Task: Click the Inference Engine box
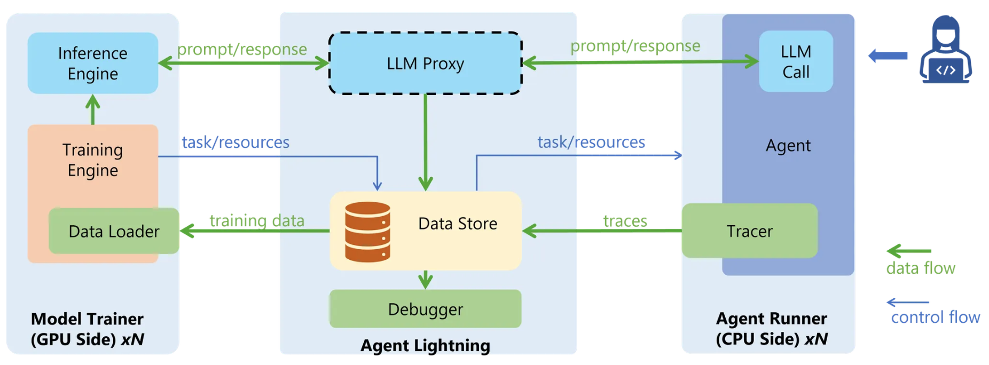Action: [x=93, y=64]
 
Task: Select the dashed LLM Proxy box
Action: [x=425, y=64]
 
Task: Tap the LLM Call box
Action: [x=796, y=61]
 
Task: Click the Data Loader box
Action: [x=114, y=231]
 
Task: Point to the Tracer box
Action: [x=749, y=231]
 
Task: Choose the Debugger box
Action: [x=425, y=309]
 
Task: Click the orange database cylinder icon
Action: [x=367, y=232]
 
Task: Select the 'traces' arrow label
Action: [x=625, y=220]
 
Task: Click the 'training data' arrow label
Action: [x=257, y=220]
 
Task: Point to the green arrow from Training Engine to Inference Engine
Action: [x=93, y=109]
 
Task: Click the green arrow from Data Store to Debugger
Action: [x=425, y=279]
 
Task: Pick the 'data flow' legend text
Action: [x=921, y=268]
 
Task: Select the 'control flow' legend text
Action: [x=935, y=318]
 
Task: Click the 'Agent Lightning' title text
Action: [x=425, y=345]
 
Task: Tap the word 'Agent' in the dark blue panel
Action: [x=788, y=146]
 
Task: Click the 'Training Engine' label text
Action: [x=93, y=160]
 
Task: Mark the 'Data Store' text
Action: [x=458, y=224]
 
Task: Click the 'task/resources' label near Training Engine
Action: [x=236, y=142]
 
